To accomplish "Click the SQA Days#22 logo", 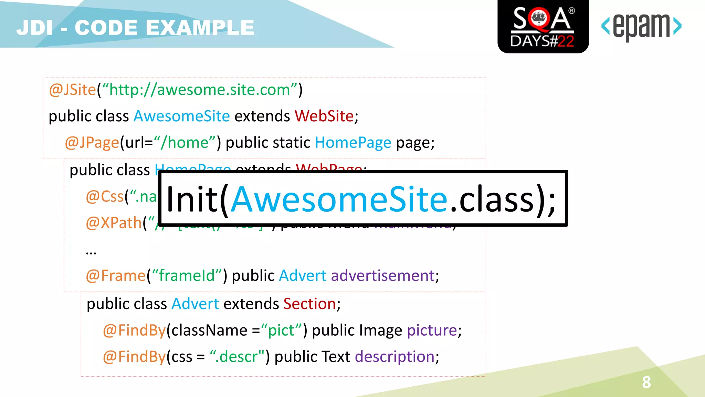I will coord(543,27).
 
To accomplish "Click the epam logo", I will coord(641,27).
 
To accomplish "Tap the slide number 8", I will coord(646,382).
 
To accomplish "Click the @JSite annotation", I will coord(72,90).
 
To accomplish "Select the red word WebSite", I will coord(324,116).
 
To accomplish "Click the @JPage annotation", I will coord(92,143).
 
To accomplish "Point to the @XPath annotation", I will coord(114,223).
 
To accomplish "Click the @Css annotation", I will coord(105,196).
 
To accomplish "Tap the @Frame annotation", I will coord(116,276).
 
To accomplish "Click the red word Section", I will coord(309,304).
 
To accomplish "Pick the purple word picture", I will coord(432,330).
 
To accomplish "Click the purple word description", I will coord(394,357).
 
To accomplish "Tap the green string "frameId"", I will coord(186,276).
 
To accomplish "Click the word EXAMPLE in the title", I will coord(200,28).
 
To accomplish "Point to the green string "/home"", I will coord(185,143).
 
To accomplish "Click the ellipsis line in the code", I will coord(91,252).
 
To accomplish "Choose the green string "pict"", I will coord(281,330).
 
